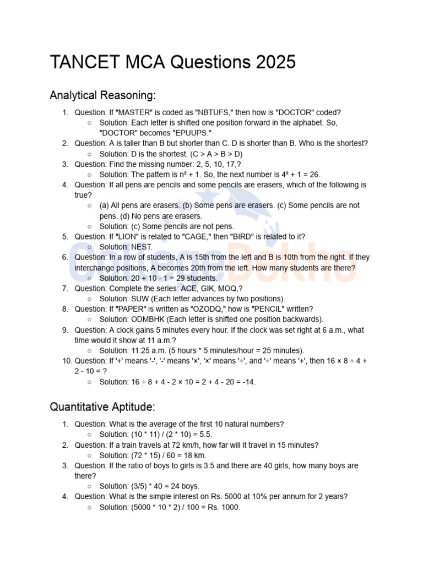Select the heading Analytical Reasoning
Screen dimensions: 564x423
tap(102, 95)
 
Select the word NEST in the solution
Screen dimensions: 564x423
tap(142, 247)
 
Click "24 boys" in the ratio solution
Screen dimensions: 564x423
tap(183, 486)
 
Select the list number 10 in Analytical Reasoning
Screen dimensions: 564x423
tap(67, 361)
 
